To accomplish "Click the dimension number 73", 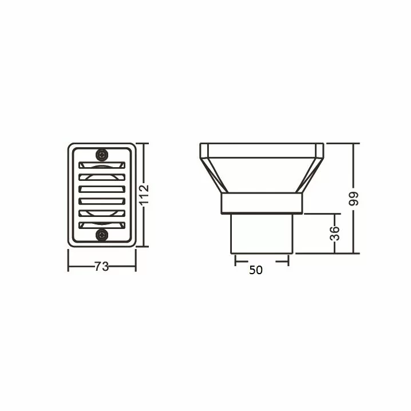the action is (101, 267).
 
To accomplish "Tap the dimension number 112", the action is (144, 195).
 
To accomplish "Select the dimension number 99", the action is (354, 199).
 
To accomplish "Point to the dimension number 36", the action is (335, 234).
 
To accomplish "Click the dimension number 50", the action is (255, 270).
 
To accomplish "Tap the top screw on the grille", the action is (102, 155).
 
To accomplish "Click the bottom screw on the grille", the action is (102, 235).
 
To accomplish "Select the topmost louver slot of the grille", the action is (102, 165).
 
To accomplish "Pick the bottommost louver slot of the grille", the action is (102, 225).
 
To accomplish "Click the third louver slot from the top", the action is (102, 189).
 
